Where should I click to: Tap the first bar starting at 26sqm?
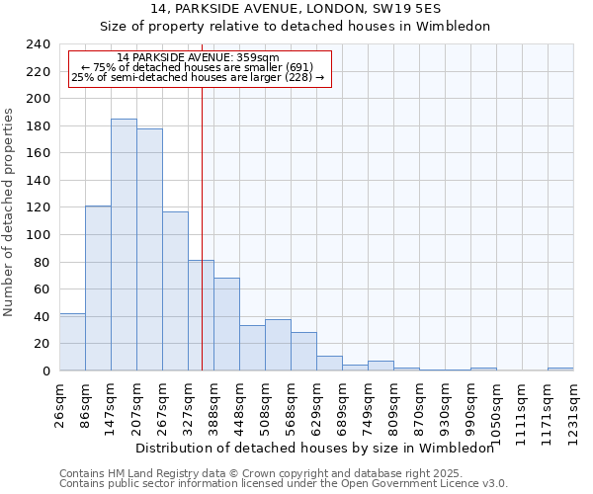tap(72, 342)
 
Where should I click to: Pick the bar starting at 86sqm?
tap(98, 288)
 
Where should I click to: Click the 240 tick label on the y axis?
tap(39, 44)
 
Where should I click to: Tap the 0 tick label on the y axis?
tap(46, 370)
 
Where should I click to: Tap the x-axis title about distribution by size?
tap(313, 448)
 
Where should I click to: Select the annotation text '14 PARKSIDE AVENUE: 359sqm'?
tap(198, 57)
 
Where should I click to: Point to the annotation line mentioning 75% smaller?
tap(198, 67)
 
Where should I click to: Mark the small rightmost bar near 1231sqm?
tap(560, 369)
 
